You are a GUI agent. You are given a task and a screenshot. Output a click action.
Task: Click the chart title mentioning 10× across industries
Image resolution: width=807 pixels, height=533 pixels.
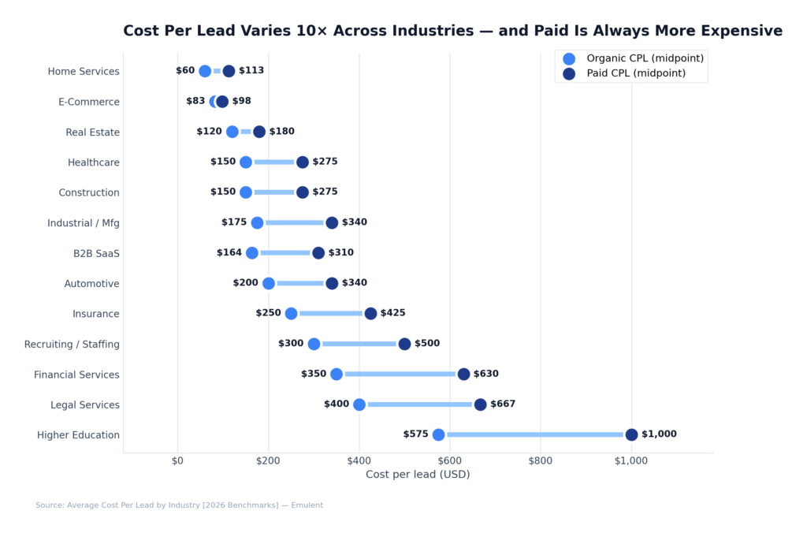coord(452,31)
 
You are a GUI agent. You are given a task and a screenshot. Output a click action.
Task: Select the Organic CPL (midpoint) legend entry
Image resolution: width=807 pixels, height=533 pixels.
coord(645,58)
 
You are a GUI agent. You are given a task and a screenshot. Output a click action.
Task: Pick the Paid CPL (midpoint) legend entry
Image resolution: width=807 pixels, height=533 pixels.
coord(635,73)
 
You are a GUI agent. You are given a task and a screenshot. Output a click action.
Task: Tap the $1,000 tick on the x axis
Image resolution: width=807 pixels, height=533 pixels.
coord(630,460)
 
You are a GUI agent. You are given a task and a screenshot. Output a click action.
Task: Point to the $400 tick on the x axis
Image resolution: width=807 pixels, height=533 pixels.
coord(359,460)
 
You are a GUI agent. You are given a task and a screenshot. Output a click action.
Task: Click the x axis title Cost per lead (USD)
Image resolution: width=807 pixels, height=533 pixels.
coord(418,474)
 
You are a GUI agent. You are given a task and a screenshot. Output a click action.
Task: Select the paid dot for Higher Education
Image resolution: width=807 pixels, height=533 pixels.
coord(631,434)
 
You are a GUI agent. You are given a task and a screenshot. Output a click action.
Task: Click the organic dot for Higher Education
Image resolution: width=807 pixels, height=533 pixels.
coord(439,434)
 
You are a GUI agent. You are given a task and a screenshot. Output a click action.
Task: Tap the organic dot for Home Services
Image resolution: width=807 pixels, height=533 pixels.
coord(205,71)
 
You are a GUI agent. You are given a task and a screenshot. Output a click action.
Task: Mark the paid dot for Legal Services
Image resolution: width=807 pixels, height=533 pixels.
coord(480,404)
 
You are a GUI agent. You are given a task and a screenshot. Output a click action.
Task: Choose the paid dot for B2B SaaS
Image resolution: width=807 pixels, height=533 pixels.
coord(318,253)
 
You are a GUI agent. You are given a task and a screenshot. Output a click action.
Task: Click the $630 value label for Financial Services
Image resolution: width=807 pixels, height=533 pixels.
coord(485,374)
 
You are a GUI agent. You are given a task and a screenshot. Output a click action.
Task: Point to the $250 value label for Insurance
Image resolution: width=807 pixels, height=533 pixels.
coord(268,313)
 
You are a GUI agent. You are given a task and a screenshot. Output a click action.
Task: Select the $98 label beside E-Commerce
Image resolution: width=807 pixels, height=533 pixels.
coord(241,101)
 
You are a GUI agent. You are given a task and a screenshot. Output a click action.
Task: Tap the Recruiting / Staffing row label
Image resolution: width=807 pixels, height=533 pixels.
coord(72,344)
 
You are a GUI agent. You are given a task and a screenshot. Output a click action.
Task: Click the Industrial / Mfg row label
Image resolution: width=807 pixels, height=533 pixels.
coord(84,223)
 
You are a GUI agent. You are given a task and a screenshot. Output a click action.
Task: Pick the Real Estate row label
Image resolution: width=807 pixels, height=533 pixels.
coord(92,132)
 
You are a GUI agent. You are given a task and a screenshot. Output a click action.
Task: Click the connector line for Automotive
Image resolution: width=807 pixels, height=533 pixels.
coord(299,283)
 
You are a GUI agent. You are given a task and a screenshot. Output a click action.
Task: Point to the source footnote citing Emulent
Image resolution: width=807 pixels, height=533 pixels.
coord(179,505)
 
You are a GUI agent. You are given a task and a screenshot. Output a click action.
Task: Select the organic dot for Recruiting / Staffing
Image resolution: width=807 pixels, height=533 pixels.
coord(314,344)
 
